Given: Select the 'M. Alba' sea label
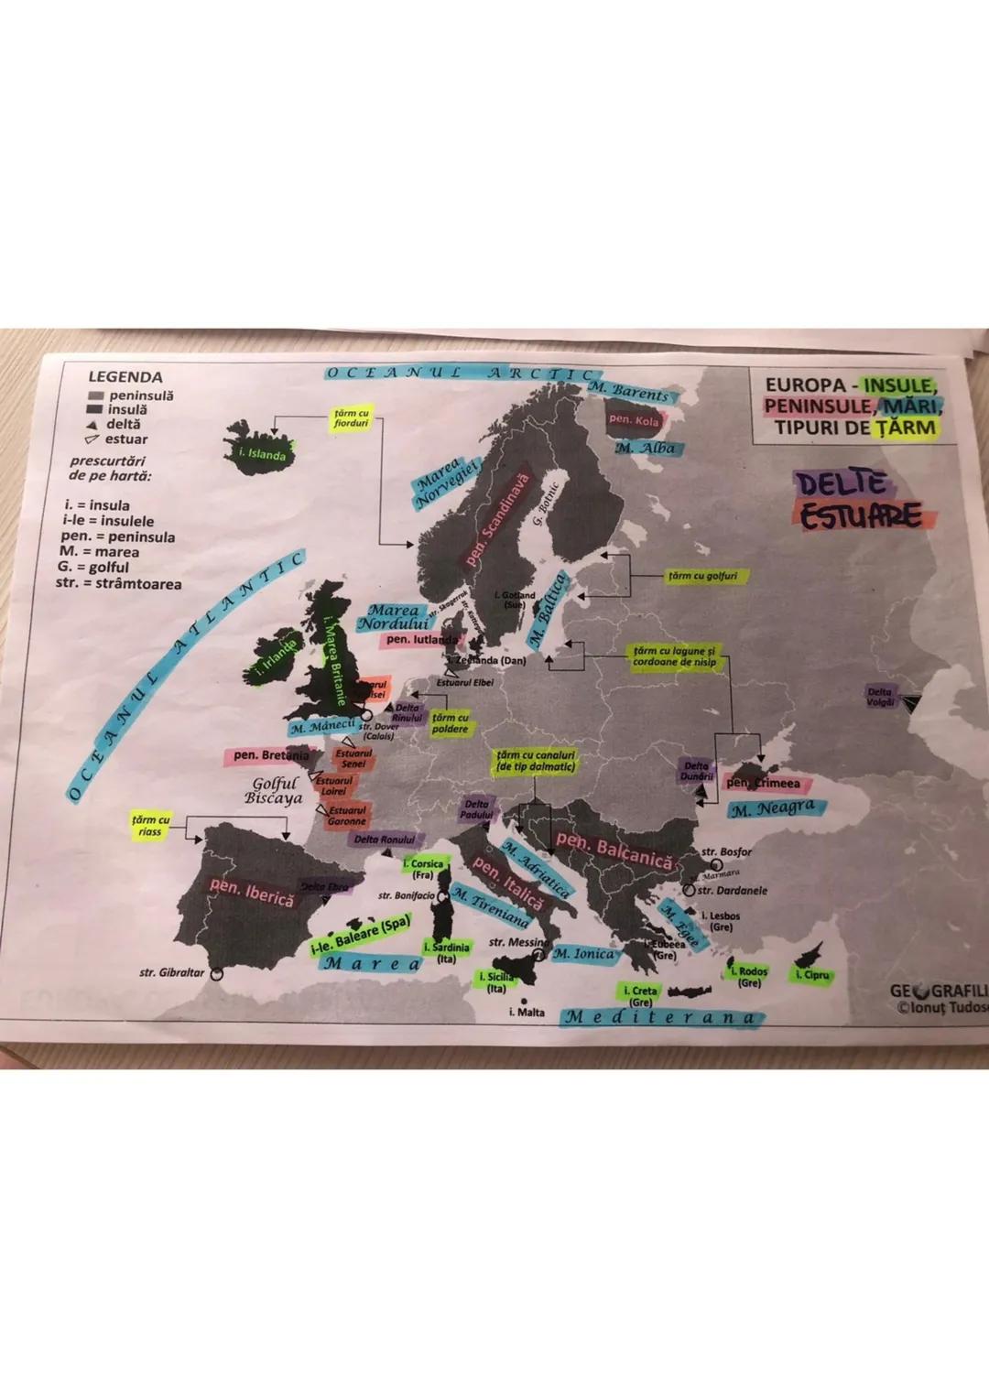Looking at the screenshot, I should pyautogui.click(x=646, y=449).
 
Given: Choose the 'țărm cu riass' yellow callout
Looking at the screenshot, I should pyautogui.click(x=150, y=825).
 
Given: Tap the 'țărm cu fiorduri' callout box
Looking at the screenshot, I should pyautogui.click(x=351, y=419).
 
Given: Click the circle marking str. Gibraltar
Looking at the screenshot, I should pyautogui.click(x=216, y=974).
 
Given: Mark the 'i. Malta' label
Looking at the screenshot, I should pyautogui.click(x=527, y=1013).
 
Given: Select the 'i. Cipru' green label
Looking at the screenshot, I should pyautogui.click(x=812, y=976).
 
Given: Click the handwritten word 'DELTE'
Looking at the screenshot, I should pyautogui.click(x=841, y=484).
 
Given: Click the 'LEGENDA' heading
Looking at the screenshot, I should pyautogui.click(x=125, y=377).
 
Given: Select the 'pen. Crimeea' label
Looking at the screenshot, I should pyautogui.click(x=763, y=784).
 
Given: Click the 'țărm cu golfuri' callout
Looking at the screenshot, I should pyautogui.click(x=702, y=576).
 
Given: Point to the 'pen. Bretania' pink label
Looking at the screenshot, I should pyautogui.click(x=271, y=756).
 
